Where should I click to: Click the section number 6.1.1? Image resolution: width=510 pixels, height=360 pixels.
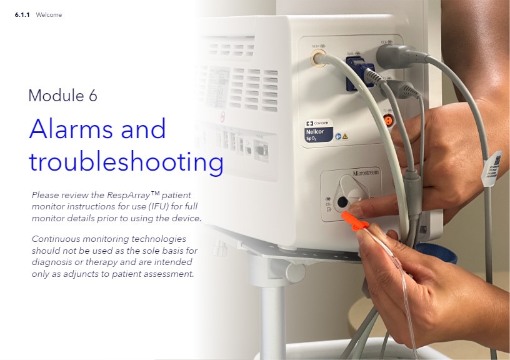tap(23, 14)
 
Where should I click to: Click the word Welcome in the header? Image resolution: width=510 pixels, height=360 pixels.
tap(49, 14)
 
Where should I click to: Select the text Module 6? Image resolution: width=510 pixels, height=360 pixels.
tap(62, 96)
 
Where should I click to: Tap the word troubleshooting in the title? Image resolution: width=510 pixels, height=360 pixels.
tap(126, 162)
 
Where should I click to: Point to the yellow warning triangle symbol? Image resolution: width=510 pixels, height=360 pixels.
tap(345, 136)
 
